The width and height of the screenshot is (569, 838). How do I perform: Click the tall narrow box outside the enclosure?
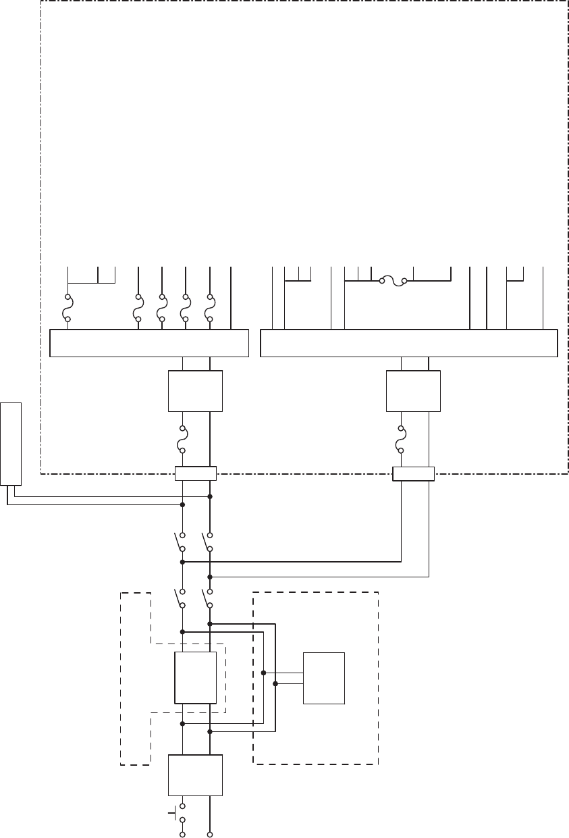tap(11, 444)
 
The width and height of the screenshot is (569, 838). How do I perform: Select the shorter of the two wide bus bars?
tap(150, 343)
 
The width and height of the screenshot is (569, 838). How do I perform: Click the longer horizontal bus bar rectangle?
tap(409, 343)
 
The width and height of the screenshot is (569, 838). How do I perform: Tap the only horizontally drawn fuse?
tap(393, 280)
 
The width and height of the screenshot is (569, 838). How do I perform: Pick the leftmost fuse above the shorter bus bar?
tap(68, 308)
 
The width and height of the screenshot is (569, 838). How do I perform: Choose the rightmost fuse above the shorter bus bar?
tap(210, 308)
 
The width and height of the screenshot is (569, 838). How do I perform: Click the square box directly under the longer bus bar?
tap(413, 391)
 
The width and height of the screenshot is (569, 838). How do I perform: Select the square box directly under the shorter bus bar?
tap(195, 391)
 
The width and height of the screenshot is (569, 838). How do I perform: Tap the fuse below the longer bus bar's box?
tap(401, 440)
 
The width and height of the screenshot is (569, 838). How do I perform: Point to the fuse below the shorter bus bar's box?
tap(182, 440)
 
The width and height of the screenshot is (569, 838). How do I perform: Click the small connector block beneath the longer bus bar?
tap(413, 473)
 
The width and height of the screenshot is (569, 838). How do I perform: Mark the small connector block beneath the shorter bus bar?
tap(196, 473)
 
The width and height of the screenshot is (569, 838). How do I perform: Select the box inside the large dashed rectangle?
tap(324, 679)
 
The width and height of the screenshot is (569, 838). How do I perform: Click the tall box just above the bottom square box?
tap(196, 678)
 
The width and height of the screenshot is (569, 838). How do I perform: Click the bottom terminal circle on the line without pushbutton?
tap(210, 835)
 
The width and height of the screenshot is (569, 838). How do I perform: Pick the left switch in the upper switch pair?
tap(180, 542)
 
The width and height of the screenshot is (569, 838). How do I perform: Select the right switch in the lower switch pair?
tap(207, 598)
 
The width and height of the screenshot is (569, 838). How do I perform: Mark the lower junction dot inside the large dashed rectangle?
tap(275, 684)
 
